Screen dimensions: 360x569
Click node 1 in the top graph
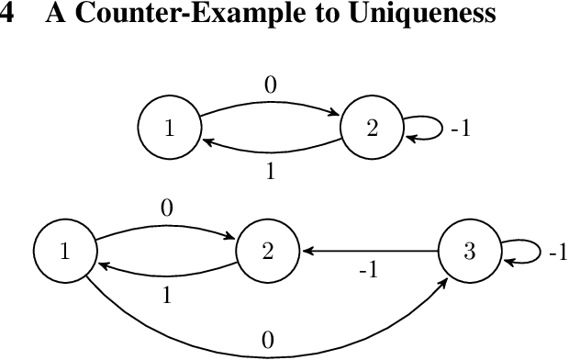(169, 129)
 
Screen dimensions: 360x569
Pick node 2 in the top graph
(372, 129)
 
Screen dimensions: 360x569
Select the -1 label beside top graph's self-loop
(460, 129)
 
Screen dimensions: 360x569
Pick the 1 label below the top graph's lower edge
(271, 171)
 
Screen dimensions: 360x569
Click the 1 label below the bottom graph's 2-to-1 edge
(166, 295)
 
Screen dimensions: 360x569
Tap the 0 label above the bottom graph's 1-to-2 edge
(166, 209)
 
